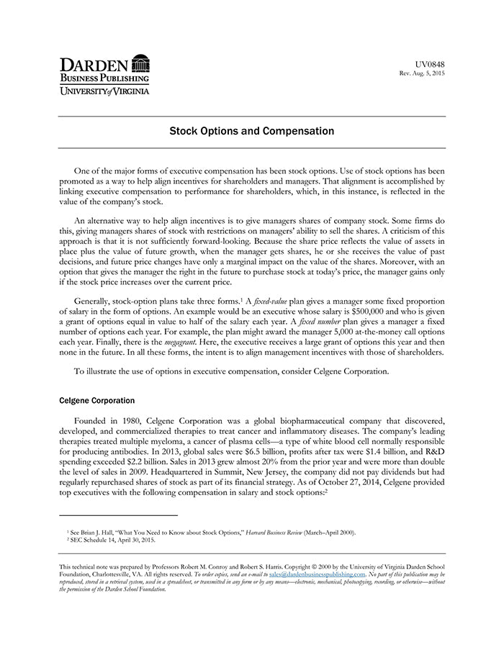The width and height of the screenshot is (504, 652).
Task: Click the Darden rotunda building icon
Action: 141,63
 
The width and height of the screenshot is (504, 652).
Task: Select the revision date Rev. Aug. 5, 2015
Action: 422,74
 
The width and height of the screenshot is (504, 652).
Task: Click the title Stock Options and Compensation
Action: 251,132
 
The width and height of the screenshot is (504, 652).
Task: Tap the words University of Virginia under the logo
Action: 104,91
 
